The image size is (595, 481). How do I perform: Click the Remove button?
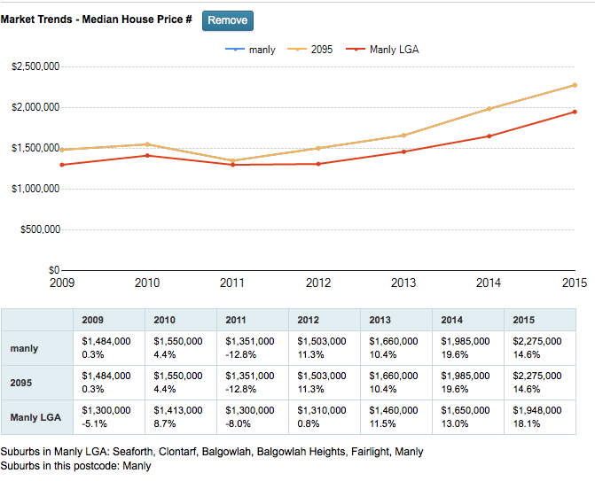tap(227, 20)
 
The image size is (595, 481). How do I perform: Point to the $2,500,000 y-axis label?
tap(35, 66)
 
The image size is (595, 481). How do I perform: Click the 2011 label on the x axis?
tap(232, 283)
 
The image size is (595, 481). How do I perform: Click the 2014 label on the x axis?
tap(489, 283)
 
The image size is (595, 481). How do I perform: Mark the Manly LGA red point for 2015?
tap(575, 112)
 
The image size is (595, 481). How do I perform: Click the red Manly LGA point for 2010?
tap(147, 156)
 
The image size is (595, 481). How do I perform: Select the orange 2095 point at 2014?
tap(489, 109)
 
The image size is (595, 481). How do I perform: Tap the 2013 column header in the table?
tap(380, 320)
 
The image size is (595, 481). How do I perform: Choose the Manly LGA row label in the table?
tap(36, 417)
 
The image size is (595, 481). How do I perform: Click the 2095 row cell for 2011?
tap(252, 383)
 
